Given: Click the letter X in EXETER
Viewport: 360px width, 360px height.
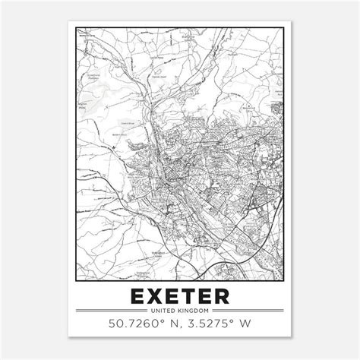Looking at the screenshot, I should tap(154, 294).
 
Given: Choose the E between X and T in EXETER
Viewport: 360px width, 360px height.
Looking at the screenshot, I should tap(172, 294).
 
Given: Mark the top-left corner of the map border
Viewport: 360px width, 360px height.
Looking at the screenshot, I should tap(77, 28).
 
